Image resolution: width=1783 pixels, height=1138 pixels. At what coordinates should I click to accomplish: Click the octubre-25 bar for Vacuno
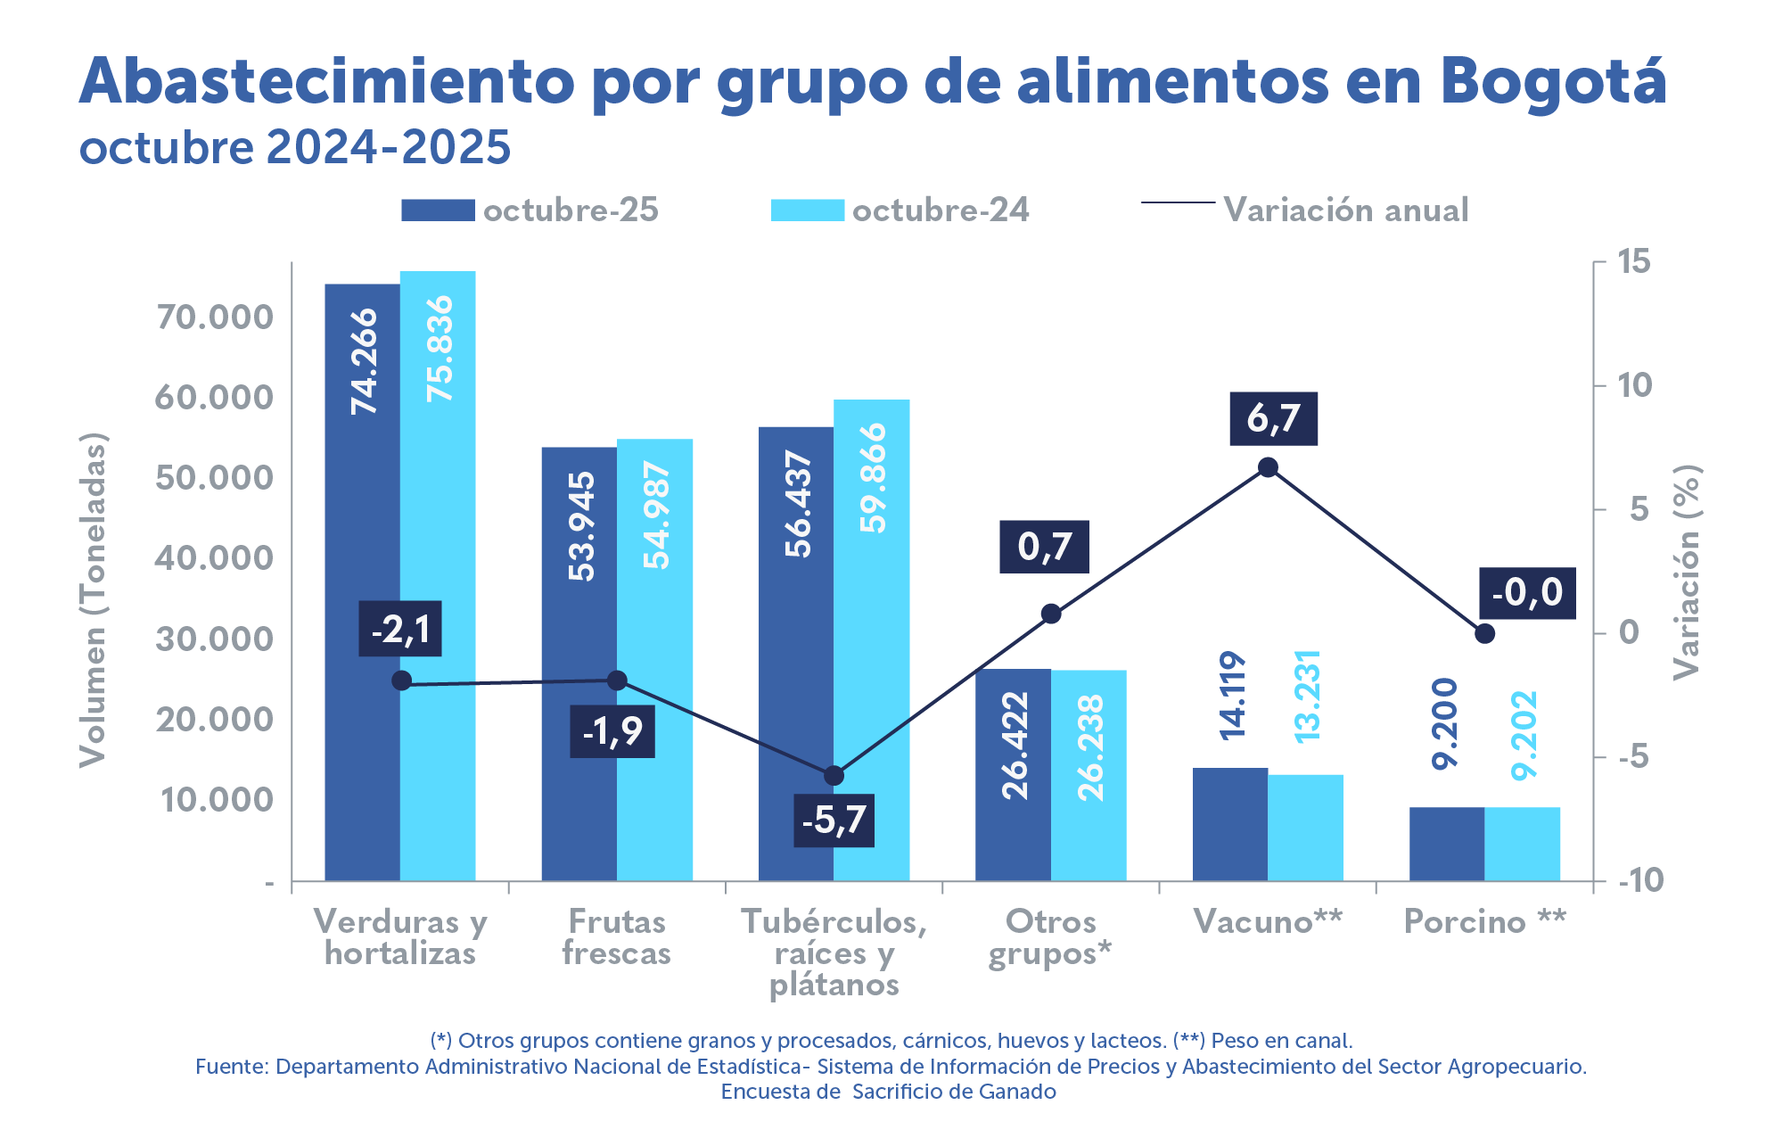point(1230,824)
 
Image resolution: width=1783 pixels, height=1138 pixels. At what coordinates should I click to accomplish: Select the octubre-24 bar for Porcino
point(1523,844)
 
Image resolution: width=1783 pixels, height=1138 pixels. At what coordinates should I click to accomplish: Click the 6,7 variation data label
point(1273,418)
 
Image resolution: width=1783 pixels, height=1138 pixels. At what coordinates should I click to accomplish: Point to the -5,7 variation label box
point(834,820)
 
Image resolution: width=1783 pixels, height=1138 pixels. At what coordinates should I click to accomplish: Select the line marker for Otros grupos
point(1051,614)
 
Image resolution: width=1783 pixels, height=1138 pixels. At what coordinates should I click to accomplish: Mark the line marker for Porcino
point(1484,633)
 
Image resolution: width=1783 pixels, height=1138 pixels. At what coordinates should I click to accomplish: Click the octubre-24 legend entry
point(900,210)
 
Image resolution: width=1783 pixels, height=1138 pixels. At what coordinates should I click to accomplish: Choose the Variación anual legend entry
point(1306,210)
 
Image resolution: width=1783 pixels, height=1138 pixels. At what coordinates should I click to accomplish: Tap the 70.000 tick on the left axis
point(215,317)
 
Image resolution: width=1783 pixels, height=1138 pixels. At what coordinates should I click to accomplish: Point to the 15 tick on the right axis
point(1634,262)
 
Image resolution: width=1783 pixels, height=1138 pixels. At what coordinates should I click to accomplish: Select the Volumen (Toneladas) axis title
point(93,599)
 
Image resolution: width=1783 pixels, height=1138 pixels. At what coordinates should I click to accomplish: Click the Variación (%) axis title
point(1686,572)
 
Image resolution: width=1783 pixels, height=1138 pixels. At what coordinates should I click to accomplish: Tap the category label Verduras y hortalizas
point(400,936)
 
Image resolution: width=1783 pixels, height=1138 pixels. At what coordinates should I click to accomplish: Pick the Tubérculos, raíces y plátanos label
point(834,952)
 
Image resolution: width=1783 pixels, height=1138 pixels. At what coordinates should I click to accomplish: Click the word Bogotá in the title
point(1552,81)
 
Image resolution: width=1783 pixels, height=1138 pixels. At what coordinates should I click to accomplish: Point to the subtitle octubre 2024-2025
point(295,147)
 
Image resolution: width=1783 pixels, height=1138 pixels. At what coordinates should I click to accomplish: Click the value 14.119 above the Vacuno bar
point(1232,696)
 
